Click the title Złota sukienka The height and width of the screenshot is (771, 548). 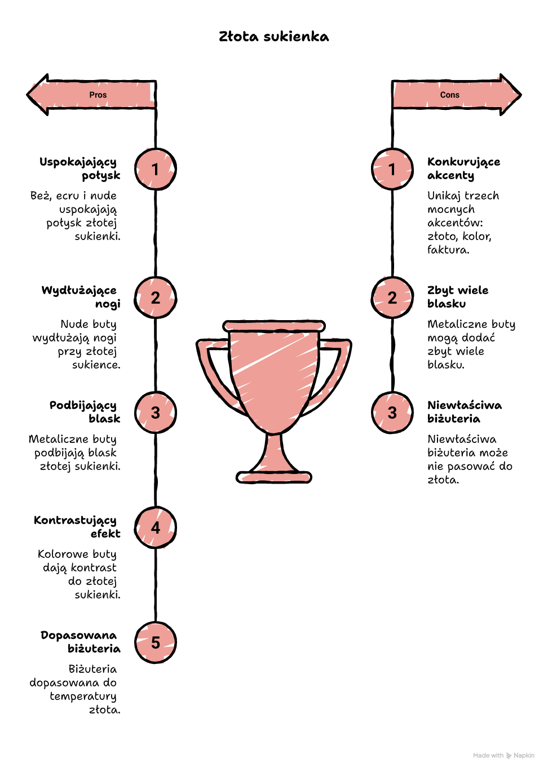coord(273,37)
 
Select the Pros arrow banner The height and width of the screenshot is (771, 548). coord(91,95)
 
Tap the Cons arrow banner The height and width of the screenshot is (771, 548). coord(457,95)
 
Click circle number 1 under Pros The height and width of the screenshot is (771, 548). coord(155,169)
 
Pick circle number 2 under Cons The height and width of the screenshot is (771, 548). coord(392,298)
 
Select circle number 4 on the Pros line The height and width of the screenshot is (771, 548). coord(155,528)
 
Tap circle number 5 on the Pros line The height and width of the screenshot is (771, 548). coord(155,642)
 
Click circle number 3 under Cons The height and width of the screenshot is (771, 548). coord(392,413)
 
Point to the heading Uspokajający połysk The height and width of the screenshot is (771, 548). coord(80,169)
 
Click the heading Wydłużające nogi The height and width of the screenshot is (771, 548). coord(81,297)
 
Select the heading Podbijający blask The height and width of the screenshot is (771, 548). coord(85,412)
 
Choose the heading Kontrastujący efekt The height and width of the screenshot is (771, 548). coord(77,527)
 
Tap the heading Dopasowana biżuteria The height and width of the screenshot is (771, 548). coord(81,642)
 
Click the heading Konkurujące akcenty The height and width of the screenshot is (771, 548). coord(463,169)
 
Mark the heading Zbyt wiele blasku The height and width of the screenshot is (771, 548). coord(458,297)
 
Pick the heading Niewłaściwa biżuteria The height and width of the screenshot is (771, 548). coord(465,412)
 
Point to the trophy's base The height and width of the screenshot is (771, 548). coord(273,477)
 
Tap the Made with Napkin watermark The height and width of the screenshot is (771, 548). coord(503,755)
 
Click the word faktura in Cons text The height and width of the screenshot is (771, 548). coord(448,250)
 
